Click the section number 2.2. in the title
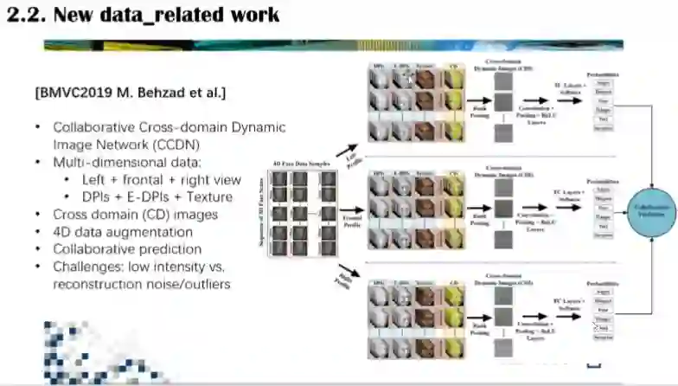26,15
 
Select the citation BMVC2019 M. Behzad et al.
130,92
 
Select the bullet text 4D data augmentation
123,231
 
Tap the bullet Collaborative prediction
127,248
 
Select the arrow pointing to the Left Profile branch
346,151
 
